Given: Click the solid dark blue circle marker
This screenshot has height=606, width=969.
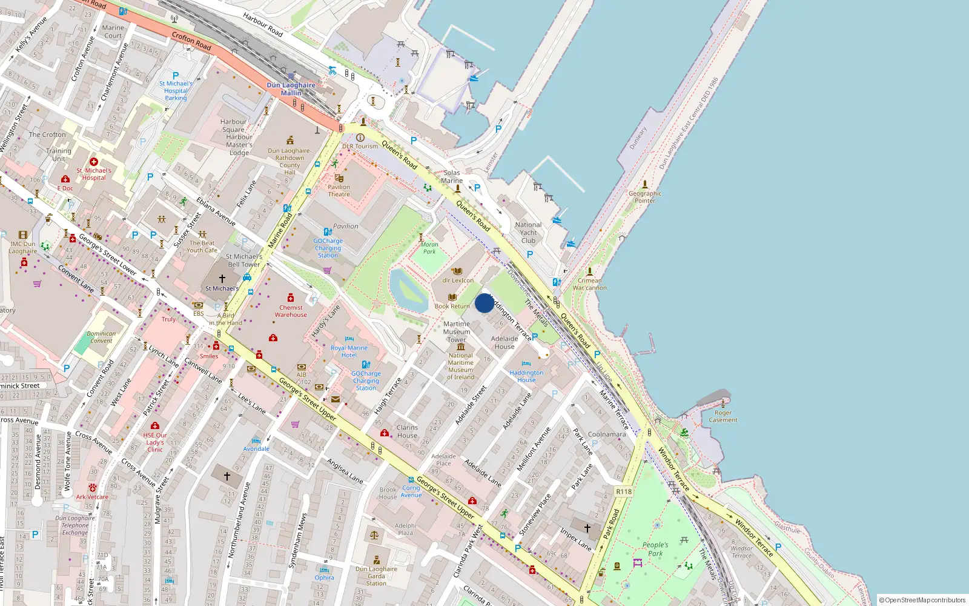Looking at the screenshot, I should (x=484, y=303).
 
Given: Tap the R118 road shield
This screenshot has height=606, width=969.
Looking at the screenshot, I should (x=624, y=491).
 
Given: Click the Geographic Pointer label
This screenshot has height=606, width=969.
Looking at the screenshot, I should (x=645, y=197).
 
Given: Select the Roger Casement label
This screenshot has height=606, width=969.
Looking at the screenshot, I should (x=723, y=416).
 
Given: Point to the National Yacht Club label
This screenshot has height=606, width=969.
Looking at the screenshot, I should (x=528, y=233).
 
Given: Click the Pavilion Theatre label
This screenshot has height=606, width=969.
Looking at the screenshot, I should (x=339, y=190).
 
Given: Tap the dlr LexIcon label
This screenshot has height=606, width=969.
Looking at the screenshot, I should (x=458, y=280).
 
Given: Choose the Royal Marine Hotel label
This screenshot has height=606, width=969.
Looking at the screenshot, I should (x=349, y=351).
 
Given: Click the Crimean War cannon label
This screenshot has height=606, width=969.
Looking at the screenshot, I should (x=589, y=284).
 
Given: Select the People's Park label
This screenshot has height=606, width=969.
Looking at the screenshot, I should (x=655, y=549).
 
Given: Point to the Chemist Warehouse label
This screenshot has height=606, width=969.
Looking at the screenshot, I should (x=291, y=311).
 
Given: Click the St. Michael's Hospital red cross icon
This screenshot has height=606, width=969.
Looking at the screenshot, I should (x=94, y=162).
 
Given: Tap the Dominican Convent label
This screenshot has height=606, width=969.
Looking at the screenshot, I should (x=101, y=337).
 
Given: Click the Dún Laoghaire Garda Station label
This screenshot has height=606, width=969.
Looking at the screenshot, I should (x=376, y=576).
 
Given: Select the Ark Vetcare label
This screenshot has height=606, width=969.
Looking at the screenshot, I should (x=92, y=497).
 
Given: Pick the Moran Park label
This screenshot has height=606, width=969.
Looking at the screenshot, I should (x=429, y=248).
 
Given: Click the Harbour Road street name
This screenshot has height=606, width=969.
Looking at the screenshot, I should (x=263, y=25).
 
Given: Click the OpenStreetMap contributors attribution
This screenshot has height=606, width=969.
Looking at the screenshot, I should (x=922, y=600).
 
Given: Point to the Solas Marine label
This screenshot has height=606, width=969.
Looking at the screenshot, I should (x=452, y=176).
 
